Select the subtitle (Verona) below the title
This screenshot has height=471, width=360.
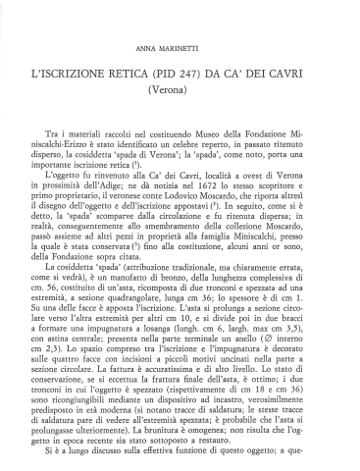(180, 89)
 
